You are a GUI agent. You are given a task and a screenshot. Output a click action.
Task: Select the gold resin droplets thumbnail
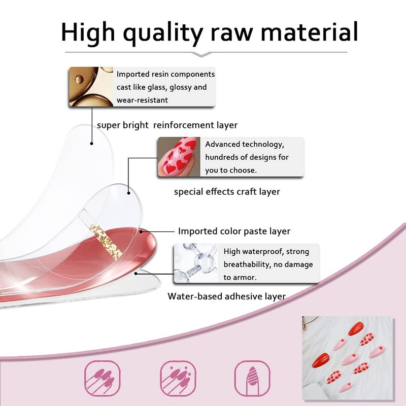(x=91, y=87)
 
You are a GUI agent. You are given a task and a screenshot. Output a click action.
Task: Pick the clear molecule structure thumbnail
(x=196, y=263)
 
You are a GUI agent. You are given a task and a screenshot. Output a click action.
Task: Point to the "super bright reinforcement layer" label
(x=167, y=125)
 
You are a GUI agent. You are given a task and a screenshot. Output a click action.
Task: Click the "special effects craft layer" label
(x=227, y=192)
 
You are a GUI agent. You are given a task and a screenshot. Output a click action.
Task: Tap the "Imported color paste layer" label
(x=234, y=231)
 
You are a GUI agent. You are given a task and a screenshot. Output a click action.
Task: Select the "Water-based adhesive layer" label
(x=226, y=296)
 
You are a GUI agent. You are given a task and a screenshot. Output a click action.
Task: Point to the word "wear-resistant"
(x=142, y=100)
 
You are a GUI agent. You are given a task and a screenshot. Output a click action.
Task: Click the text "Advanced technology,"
(x=245, y=145)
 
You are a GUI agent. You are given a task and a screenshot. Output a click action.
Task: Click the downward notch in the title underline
(x=206, y=53)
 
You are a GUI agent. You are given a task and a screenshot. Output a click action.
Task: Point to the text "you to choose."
(x=231, y=170)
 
